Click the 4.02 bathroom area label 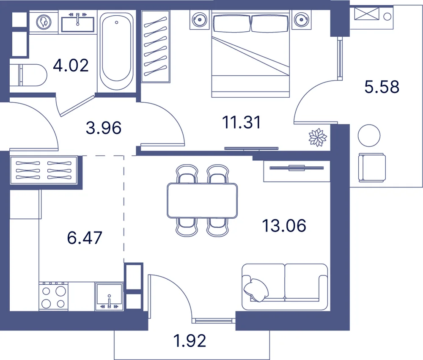71,66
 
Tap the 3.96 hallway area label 104,128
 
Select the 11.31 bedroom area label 242,122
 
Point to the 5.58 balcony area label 382,87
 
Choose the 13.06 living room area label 284,225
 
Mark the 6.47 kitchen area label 85,238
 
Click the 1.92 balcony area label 190,341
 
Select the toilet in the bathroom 28,75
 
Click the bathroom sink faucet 78,19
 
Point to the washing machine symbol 44,22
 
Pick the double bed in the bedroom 250,54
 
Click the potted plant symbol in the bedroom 318,137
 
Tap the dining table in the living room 202,201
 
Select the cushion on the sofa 255,289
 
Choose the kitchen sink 109,296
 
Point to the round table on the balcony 369,135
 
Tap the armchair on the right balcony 372,167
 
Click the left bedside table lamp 199,20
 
